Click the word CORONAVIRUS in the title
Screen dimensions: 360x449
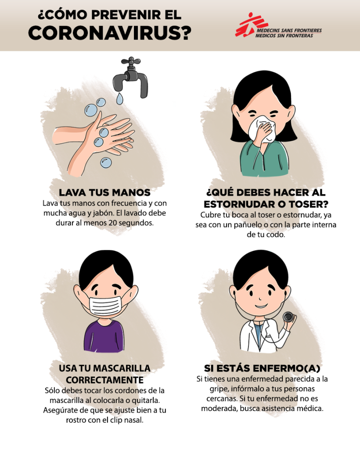click(x=109, y=33)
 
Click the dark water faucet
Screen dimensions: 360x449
click(x=131, y=77)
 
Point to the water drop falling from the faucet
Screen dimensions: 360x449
click(x=119, y=98)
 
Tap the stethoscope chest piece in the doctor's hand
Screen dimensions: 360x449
click(x=288, y=317)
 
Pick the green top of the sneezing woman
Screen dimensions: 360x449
click(x=264, y=158)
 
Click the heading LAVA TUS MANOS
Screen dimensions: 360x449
click(x=104, y=192)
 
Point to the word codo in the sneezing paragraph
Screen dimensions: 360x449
click(x=277, y=235)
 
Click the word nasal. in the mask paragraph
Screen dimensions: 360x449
click(x=133, y=420)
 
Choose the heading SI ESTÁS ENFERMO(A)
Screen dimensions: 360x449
click(x=262, y=368)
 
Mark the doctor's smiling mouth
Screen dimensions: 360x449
click(x=261, y=306)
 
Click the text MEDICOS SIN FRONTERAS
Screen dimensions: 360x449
click(x=284, y=36)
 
